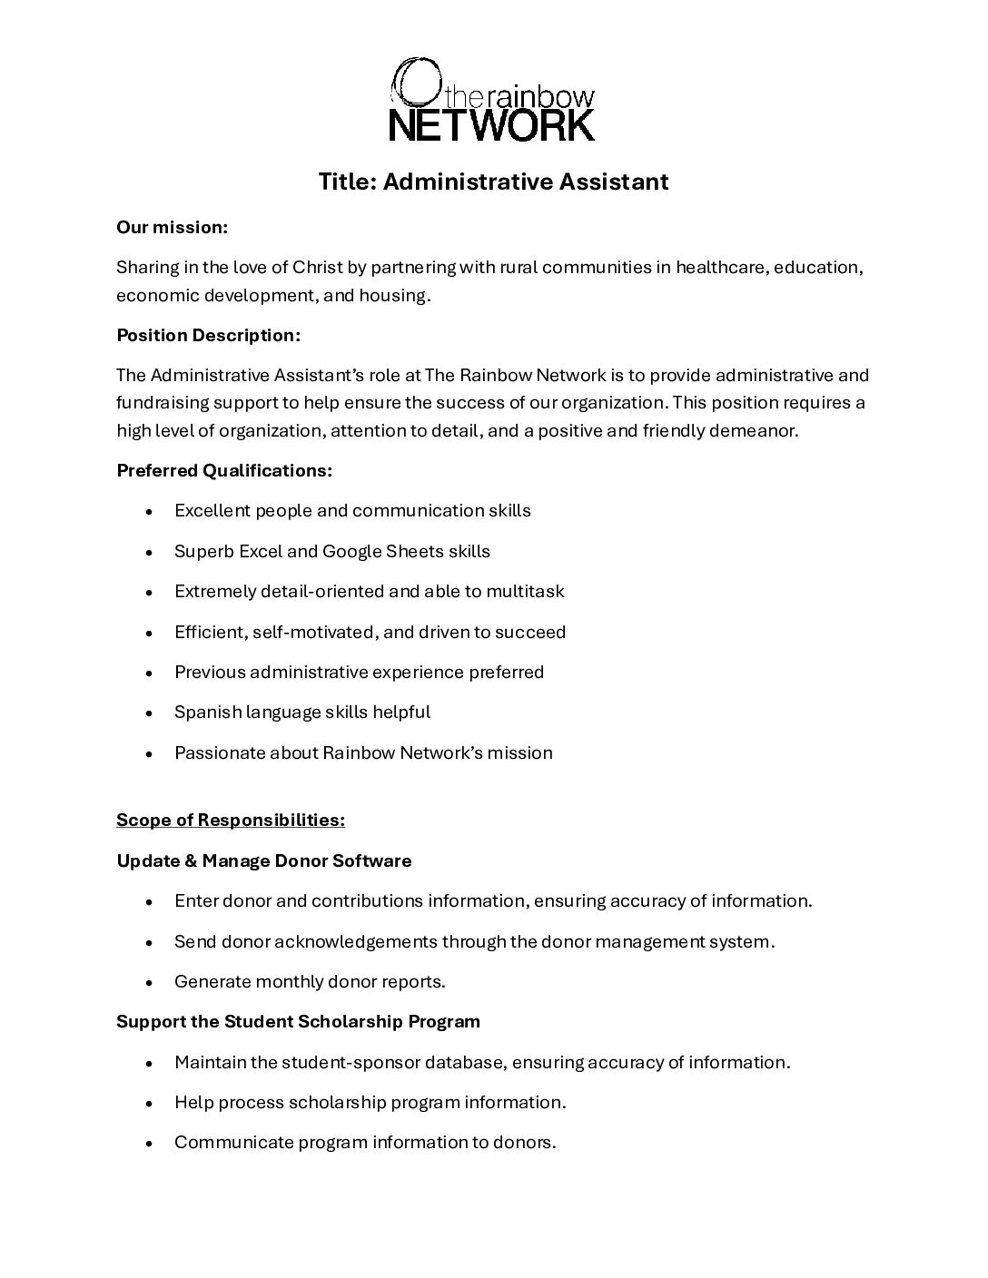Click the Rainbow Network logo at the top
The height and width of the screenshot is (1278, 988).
click(493, 100)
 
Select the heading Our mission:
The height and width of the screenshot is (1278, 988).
click(172, 228)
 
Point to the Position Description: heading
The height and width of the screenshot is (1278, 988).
click(208, 336)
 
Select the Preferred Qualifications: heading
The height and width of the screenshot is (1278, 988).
click(224, 471)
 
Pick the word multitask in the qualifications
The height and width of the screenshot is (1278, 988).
click(525, 592)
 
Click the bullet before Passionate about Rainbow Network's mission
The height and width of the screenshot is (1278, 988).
click(149, 753)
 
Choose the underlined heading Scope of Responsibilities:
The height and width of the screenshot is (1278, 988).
click(231, 821)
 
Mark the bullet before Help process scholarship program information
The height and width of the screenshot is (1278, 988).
click(149, 1104)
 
